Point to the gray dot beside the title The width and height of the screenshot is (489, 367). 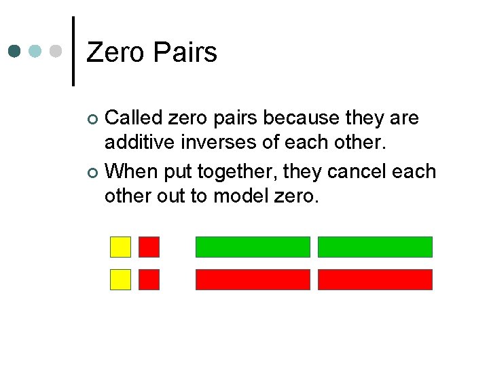tap(57, 51)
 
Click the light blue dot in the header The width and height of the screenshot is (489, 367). tap(37, 51)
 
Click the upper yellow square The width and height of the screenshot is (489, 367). tap(121, 247)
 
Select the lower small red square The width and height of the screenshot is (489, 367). tap(149, 279)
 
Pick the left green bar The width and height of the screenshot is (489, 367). tap(253, 247)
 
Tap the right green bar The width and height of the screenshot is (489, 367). tap(375, 247)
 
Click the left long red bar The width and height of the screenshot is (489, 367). tap(253, 279)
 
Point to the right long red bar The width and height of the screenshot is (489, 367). tap(375, 279)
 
